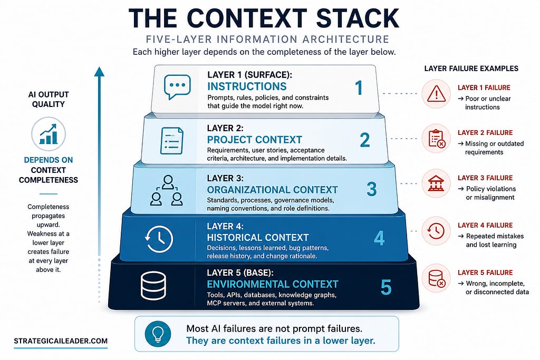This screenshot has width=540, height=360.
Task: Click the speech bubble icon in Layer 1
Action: pyautogui.click(x=177, y=87)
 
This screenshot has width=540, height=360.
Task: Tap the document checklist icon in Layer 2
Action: pyautogui.click(x=172, y=141)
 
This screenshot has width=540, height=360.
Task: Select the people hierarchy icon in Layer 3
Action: pyautogui.click(x=167, y=190)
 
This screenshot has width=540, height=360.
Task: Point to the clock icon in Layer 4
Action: pyautogui.click(x=159, y=239)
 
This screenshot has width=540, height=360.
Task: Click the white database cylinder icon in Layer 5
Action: pyautogui.click(x=153, y=286)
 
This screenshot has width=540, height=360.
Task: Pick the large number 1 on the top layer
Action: pyautogui.click(x=359, y=87)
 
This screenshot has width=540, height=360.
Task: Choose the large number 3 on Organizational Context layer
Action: pyautogui.click(x=372, y=189)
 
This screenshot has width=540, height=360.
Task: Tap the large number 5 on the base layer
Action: pyautogui.click(x=386, y=287)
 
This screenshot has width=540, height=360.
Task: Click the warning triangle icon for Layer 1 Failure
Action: pyautogui.click(x=436, y=94)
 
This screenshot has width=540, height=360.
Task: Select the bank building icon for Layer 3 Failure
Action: pyautogui.click(x=436, y=183)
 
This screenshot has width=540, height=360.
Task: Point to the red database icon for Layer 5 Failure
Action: pyautogui.click(x=437, y=278)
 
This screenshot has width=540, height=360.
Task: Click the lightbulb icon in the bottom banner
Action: pyautogui.click(x=158, y=334)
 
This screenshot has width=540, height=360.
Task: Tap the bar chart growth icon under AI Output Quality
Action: pyautogui.click(x=48, y=134)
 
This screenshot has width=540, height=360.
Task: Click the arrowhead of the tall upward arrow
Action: pyautogui.click(x=99, y=71)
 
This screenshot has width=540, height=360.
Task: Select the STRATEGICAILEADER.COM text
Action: pyautogui.click(x=61, y=341)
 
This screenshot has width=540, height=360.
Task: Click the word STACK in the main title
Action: pyautogui.click(x=358, y=18)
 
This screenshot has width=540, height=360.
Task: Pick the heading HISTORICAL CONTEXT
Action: pyautogui.click(x=257, y=238)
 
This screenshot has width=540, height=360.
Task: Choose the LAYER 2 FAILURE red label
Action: pyautogui.click(x=485, y=133)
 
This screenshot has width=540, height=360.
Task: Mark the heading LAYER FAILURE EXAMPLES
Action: pyautogui.click(x=471, y=69)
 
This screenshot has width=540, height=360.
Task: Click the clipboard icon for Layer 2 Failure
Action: pyautogui.click(x=437, y=139)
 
